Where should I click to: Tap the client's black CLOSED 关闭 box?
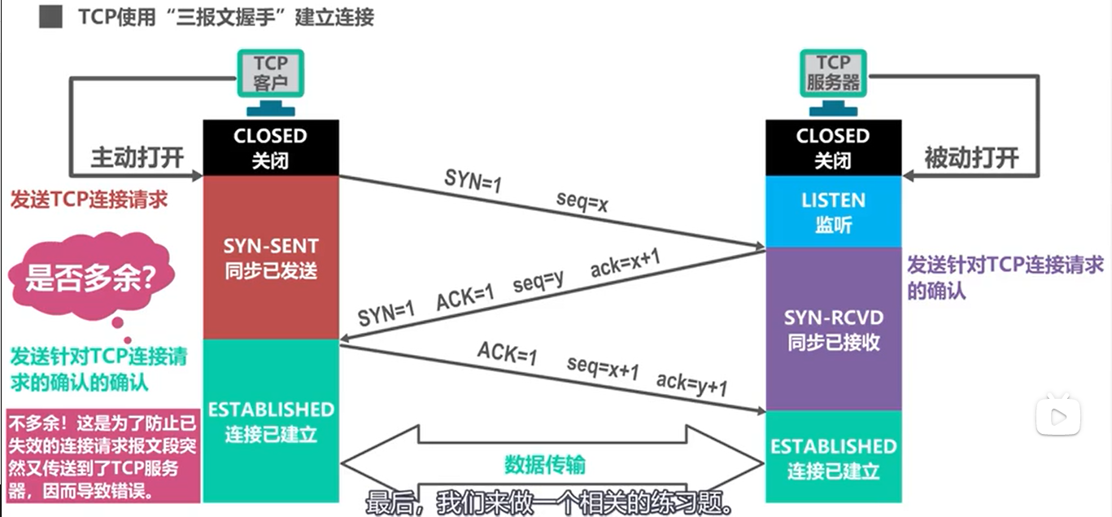[x=270, y=147]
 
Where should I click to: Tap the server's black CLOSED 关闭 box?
[x=833, y=147]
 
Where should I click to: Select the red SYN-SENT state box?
[x=270, y=257]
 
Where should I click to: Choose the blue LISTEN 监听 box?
[x=833, y=212]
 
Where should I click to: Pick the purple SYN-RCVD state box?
[x=833, y=329]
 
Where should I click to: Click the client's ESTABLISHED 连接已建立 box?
[x=270, y=421]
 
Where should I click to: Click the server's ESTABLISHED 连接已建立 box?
[x=833, y=458]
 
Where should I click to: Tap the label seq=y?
[x=539, y=283]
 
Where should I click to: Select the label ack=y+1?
[x=691, y=383]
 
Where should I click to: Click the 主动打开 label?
[x=137, y=157]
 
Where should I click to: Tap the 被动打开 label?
[x=971, y=157]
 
